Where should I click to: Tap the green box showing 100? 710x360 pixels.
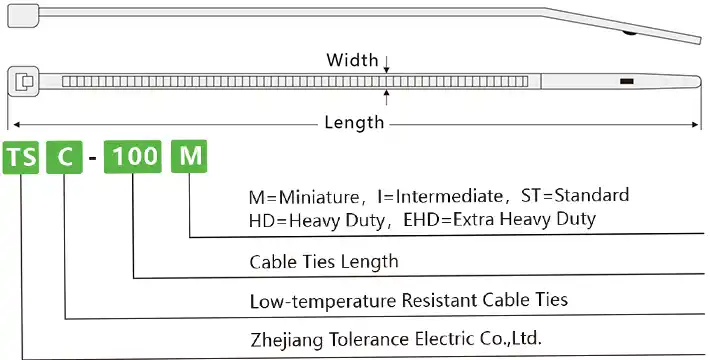click(x=133, y=158)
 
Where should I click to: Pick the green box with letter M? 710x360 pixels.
click(x=189, y=158)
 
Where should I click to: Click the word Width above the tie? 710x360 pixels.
click(x=353, y=60)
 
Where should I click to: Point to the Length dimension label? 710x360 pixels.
click(x=354, y=122)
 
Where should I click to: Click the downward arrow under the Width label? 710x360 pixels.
click(x=387, y=69)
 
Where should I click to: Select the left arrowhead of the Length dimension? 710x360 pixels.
click(x=14, y=123)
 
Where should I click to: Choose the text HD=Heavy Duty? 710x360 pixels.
click(x=310, y=218)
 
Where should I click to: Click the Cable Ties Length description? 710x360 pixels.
click(x=324, y=262)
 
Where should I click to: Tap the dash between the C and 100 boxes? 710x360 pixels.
click(x=93, y=159)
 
